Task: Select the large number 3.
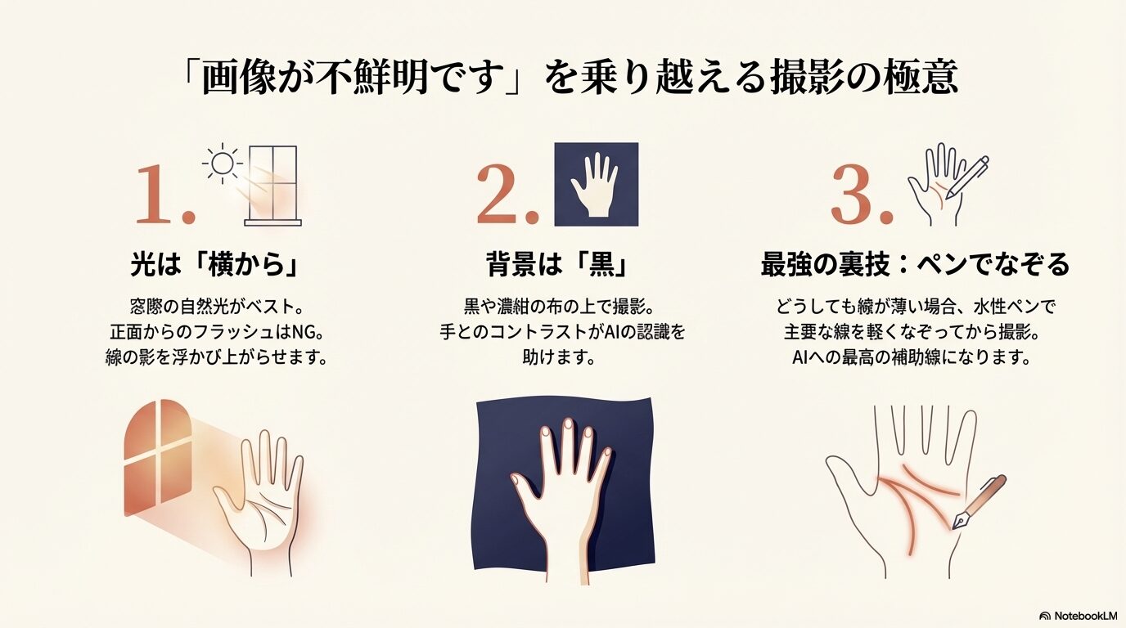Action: click(857, 195)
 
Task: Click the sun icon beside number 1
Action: click(222, 164)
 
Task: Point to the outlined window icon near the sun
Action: click(272, 186)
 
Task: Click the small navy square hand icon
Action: click(596, 184)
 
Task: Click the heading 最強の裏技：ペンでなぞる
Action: click(915, 265)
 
